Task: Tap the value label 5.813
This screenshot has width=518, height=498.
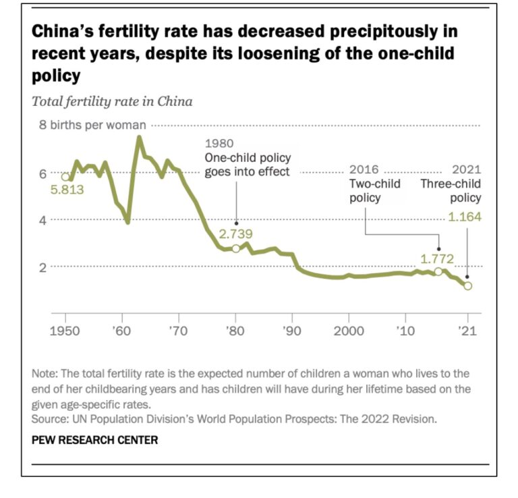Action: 67,190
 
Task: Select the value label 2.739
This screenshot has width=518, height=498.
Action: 236,233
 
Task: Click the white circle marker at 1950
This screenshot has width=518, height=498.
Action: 65,177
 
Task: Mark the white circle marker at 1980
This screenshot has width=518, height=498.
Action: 235,248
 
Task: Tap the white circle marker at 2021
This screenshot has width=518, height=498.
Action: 467,286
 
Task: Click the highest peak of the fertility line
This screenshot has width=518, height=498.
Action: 139,138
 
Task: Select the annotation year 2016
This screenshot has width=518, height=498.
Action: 364,169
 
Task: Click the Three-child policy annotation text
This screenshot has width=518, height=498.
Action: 451,191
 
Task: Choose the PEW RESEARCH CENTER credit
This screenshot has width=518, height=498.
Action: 94,440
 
